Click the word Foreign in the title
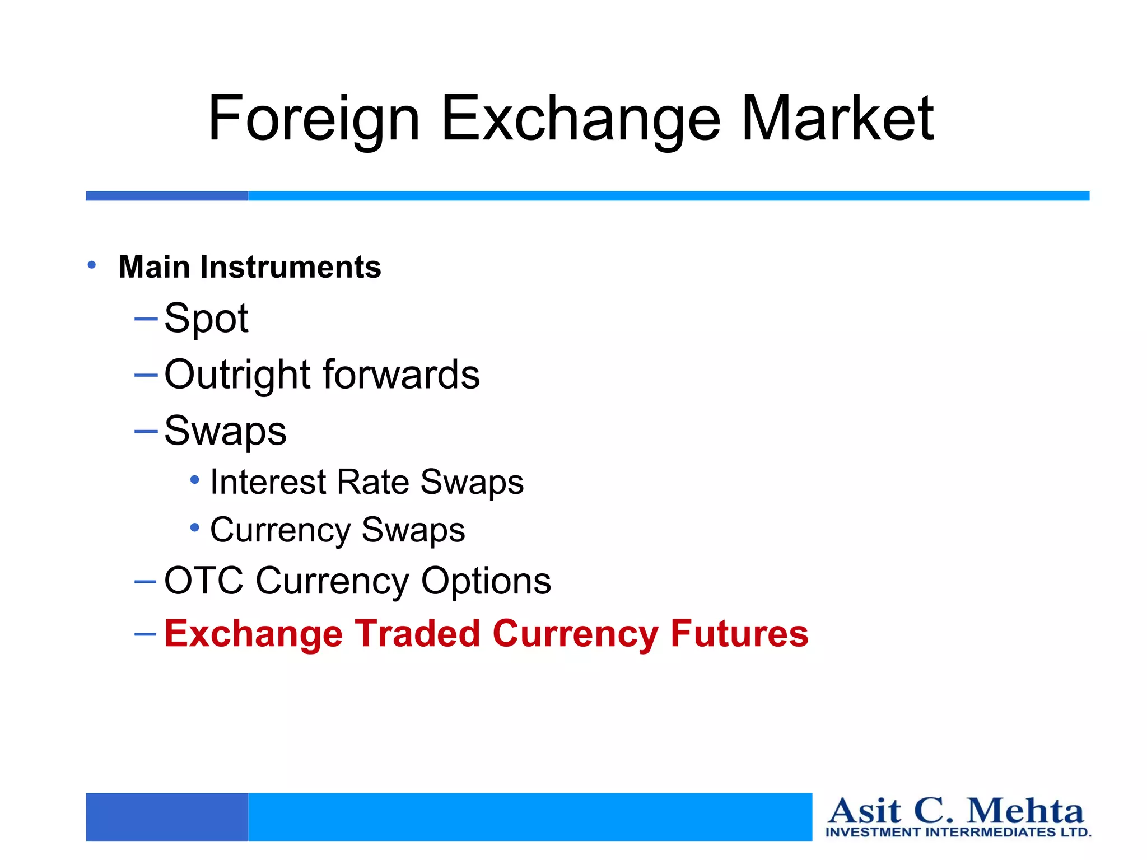tap(314, 119)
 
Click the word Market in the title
tap(837, 119)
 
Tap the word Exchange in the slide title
tap(581, 119)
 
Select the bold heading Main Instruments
tap(250, 267)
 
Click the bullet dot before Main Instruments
tap(92, 265)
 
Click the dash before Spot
tap(146, 319)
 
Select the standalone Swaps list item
tap(225, 432)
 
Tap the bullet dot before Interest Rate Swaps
tap(194, 480)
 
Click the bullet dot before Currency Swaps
tap(194, 527)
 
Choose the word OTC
tap(204, 581)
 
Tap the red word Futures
tap(739, 634)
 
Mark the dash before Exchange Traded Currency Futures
tap(146, 634)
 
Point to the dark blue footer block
tap(167, 816)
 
